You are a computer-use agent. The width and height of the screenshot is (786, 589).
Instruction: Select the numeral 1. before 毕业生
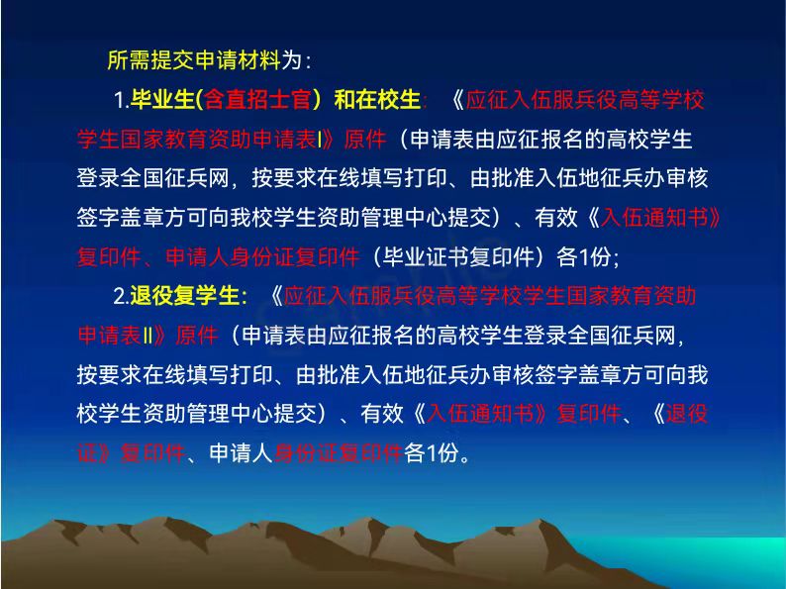pyautogui.click(x=122, y=100)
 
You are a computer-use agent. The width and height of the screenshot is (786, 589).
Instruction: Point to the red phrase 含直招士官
pyautogui.click(x=258, y=99)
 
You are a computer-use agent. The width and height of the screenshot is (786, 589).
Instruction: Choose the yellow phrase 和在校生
pyautogui.click(x=377, y=99)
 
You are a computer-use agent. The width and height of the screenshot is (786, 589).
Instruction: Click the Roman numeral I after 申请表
pyautogui.click(x=320, y=140)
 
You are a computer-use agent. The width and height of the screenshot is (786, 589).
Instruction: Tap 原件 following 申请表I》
pyautogui.click(x=365, y=139)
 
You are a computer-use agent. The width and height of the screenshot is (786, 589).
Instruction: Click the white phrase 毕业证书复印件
pyautogui.click(x=459, y=256)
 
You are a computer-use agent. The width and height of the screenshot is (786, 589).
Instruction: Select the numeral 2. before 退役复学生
pyautogui.click(x=122, y=296)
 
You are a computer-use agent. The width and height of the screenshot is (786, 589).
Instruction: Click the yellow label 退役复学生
pyautogui.click(x=184, y=295)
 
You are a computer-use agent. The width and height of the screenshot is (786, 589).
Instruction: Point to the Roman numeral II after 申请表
pyautogui.click(x=147, y=336)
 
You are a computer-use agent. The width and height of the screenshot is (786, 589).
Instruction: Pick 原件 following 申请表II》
pyautogui.click(x=197, y=335)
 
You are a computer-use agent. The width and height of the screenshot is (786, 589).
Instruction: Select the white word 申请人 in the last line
pyautogui.click(x=242, y=452)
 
